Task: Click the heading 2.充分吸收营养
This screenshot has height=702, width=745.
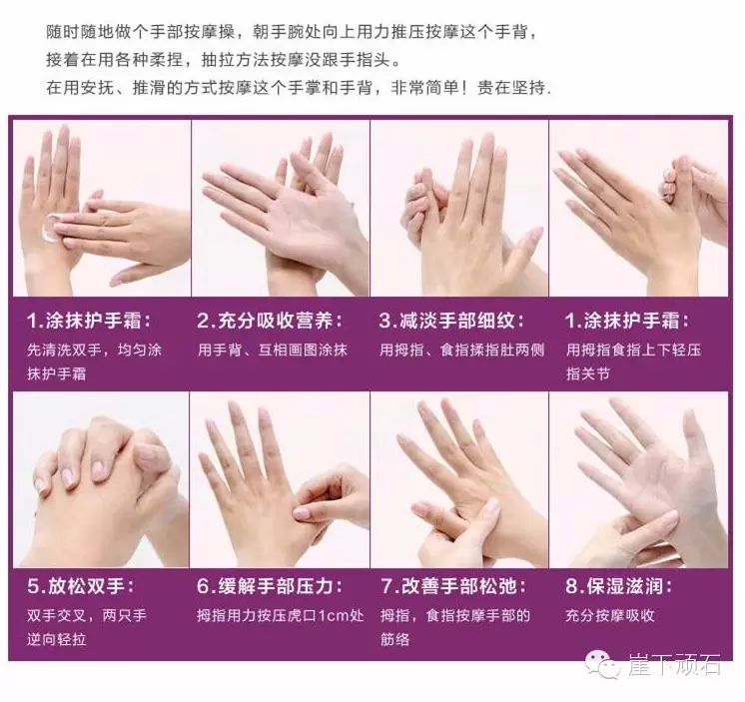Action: point(270,321)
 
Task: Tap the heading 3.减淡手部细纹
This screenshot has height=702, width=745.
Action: point(451,321)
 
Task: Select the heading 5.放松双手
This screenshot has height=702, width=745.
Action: point(81,585)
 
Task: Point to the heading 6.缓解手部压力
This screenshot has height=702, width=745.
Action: point(270,585)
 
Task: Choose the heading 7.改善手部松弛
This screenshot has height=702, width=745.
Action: point(452,585)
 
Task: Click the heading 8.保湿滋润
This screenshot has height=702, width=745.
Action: point(618,585)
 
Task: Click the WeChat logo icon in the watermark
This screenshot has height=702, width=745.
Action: point(602,664)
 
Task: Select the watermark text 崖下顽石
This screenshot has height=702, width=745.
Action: point(675,664)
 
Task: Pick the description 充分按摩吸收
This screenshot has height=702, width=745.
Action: point(610,615)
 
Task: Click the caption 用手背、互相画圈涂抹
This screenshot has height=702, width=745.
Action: point(273,351)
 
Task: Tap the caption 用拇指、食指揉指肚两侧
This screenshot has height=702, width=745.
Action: point(461,351)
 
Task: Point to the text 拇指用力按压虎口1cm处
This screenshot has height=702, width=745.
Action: point(281,615)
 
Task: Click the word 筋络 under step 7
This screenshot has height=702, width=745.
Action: point(394,639)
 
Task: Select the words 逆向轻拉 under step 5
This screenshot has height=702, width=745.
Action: point(57,639)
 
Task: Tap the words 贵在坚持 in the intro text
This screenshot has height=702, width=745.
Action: point(511,88)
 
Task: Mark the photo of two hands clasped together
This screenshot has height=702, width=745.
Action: point(101,479)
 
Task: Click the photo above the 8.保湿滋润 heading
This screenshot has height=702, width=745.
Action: point(638,479)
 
